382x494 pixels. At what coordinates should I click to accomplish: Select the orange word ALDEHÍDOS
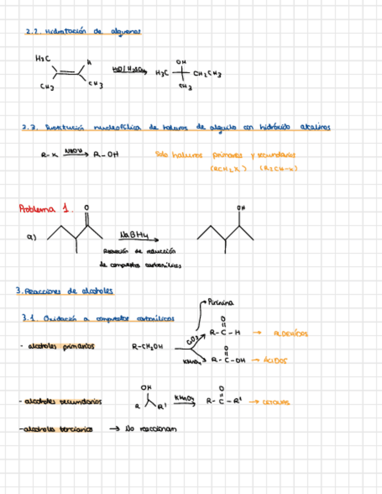[291, 334]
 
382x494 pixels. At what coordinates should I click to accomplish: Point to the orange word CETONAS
[276, 402]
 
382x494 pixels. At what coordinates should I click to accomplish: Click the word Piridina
[221, 302]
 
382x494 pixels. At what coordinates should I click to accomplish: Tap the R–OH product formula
[106, 156]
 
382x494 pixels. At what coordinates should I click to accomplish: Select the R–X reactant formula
[48, 156]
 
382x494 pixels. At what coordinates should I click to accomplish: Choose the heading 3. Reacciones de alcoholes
[65, 291]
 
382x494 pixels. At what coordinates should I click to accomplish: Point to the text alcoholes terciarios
[58, 429]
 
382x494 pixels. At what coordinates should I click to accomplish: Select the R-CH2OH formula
[147, 346]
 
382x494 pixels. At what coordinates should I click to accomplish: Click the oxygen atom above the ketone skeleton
[87, 207]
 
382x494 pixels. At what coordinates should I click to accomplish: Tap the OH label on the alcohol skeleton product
[240, 207]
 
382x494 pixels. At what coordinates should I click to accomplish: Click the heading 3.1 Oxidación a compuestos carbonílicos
[98, 318]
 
